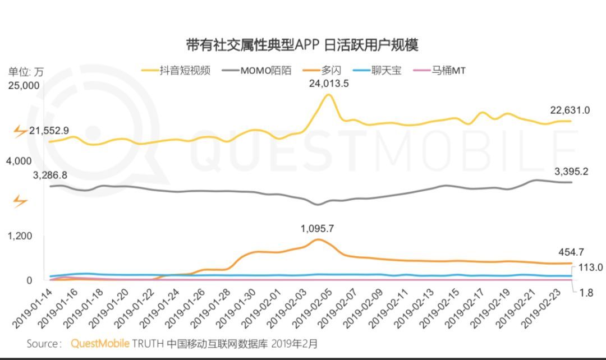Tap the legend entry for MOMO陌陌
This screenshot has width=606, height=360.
(x=258, y=71)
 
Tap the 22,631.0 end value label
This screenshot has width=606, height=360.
(x=570, y=110)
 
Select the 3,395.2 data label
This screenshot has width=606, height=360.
(x=571, y=172)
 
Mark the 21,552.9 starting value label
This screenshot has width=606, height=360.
(x=49, y=131)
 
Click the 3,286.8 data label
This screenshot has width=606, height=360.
(x=50, y=175)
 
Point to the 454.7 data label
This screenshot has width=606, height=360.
(x=573, y=252)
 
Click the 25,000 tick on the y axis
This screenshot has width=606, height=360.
(x=23, y=85)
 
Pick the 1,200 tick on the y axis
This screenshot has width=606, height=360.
(x=20, y=236)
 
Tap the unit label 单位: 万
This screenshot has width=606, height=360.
(x=25, y=72)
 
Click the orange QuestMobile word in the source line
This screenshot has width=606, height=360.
(x=100, y=343)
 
